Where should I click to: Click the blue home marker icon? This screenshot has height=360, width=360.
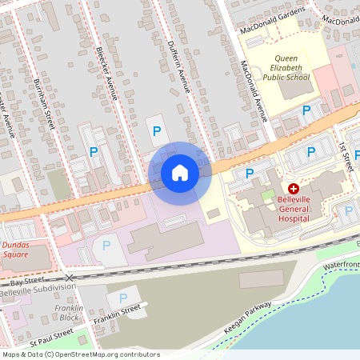coord(180,173)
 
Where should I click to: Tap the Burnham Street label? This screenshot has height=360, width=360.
coord(44,101)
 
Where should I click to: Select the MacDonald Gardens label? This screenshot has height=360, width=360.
coord(274,26)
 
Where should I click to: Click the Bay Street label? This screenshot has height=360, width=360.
coord(25,282)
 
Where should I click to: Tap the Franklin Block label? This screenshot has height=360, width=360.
coord(68,313)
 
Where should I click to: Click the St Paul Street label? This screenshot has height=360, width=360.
coord(51,337)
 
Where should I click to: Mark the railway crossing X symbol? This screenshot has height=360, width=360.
coord(70,278)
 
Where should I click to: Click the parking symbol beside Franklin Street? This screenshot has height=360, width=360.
coord(123,298)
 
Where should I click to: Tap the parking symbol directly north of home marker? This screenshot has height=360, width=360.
coord(156,130)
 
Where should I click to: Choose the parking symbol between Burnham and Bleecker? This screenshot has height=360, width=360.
coord(94,150)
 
